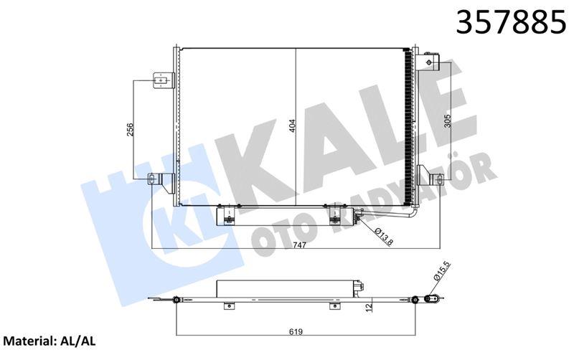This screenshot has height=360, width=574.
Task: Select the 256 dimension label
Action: coord(130,129)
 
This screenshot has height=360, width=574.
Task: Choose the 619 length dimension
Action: coord(296,331)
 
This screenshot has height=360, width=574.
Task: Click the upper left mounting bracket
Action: coord(163,80)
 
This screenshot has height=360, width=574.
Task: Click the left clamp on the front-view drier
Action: coord(230,215)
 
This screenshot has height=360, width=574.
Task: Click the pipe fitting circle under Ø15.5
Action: coord(430,298)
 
